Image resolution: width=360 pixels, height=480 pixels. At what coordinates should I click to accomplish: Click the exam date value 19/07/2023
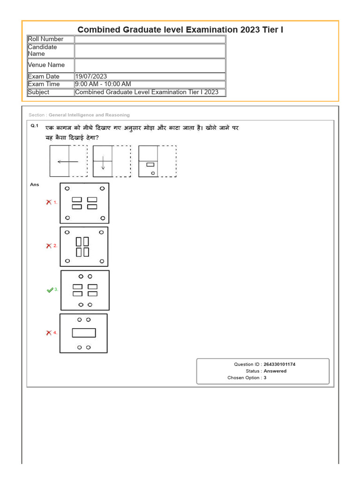click(x=91, y=76)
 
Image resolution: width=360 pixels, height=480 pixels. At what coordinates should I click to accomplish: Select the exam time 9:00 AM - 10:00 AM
click(x=103, y=84)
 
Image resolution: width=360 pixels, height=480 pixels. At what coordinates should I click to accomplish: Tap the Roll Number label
click(x=45, y=39)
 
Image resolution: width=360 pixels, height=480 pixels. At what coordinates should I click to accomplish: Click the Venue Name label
click(x=46, y=65)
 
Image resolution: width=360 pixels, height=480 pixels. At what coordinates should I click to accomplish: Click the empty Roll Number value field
click(x=150, y=39)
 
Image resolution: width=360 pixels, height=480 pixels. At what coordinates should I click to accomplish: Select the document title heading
click(x=180, y=30)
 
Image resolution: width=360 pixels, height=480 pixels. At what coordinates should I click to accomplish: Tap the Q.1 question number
click(x=34, y=126)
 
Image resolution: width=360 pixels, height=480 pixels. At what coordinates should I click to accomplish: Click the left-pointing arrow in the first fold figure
click(x=67, y=162)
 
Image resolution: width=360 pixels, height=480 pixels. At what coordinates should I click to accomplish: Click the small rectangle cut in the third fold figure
click(x=150, y=165)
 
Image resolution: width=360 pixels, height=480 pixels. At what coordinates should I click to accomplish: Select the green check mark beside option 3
click(x=50, y=290)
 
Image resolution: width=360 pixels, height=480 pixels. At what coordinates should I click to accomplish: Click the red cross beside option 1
click(x=48, y=202)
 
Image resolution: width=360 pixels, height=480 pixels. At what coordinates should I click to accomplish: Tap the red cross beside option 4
click(x=48, y=333)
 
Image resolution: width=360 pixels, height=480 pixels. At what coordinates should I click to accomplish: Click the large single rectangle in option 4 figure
click(x=83, y=333)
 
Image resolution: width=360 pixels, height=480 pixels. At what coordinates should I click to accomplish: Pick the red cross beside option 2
click(x=48, y=246)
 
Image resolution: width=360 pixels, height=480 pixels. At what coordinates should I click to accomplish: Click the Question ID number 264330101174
click(x=279, y=364)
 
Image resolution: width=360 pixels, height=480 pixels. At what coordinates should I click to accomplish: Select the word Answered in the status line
click(x=275, y=371)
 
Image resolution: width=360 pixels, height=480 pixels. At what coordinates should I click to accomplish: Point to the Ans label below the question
click(x=34, y=185)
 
